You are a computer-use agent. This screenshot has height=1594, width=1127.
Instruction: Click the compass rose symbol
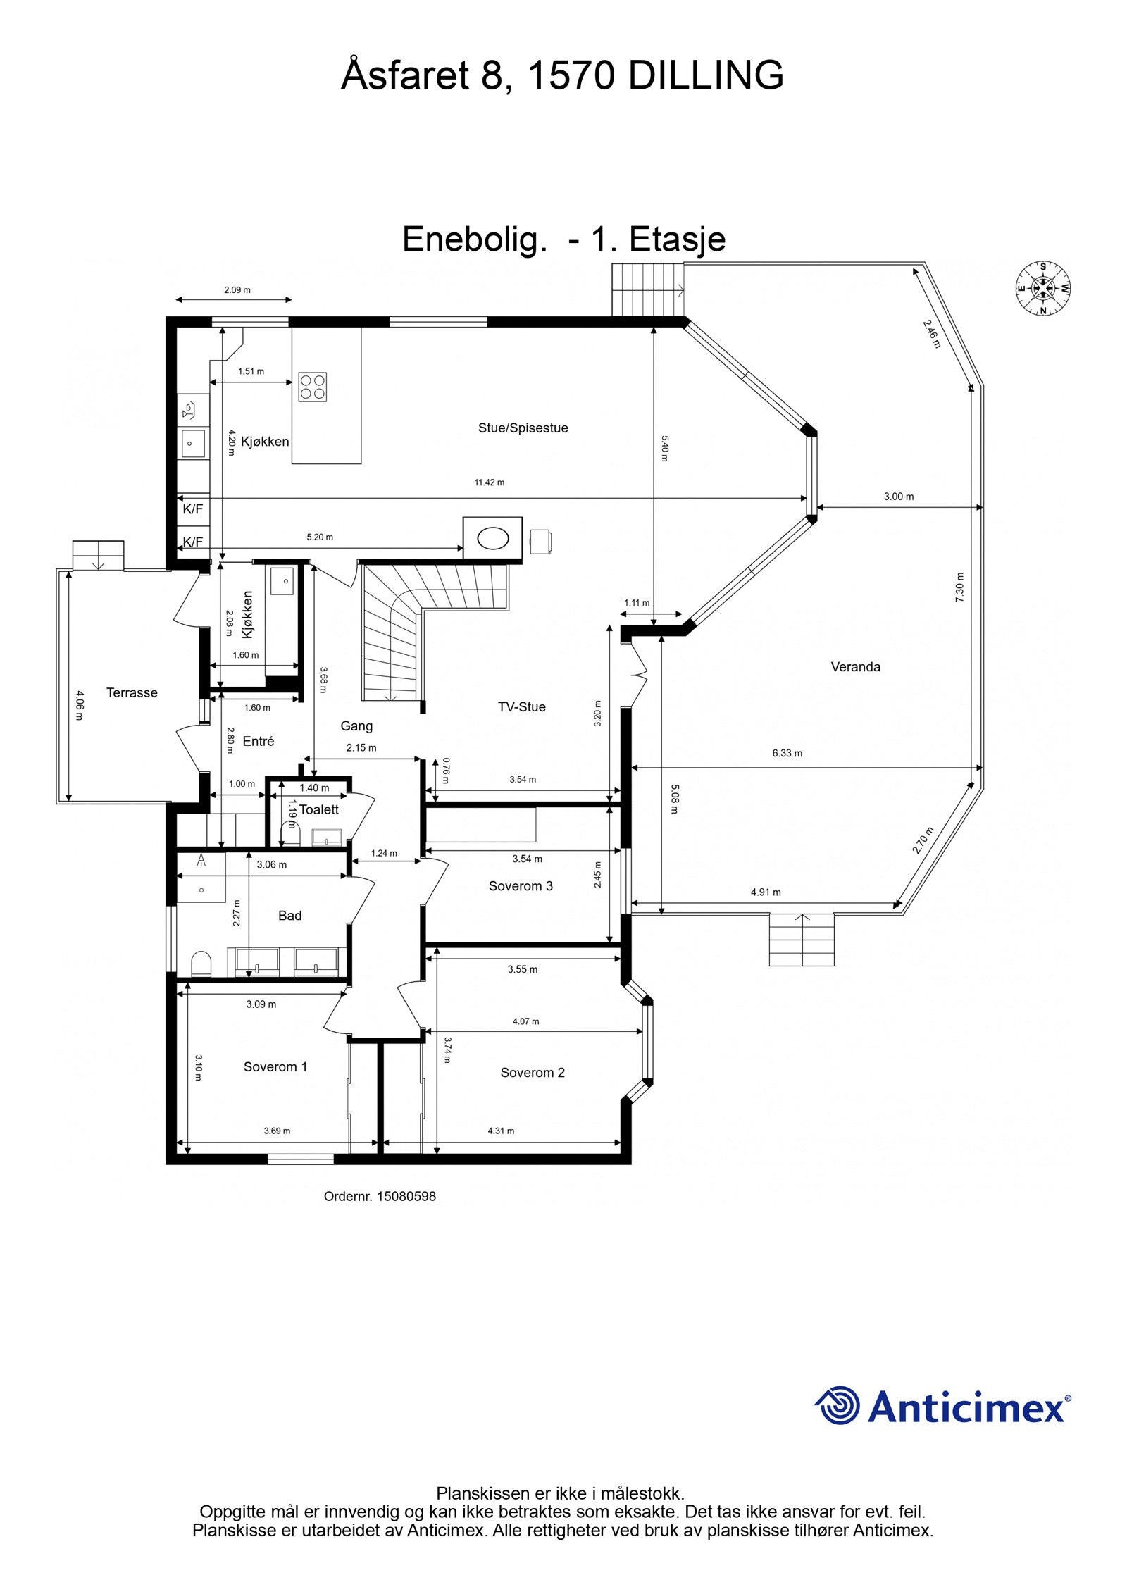pos(1042,288)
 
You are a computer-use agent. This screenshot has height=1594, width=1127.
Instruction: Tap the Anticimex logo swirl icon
pos(838,1406)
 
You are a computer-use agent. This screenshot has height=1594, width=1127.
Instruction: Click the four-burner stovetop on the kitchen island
pos(312,387)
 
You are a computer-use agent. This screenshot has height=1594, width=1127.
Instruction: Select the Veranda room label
pos(855,667)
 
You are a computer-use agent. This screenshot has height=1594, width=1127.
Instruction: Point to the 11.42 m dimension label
pos(489,482)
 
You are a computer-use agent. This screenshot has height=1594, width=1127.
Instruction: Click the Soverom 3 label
pos(521,886)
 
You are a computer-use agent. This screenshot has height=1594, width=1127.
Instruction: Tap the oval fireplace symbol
pos(493,540)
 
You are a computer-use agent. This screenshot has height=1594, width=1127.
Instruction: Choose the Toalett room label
pos(319,810)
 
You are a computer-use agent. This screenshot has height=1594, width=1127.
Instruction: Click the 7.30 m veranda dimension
pos(959,587)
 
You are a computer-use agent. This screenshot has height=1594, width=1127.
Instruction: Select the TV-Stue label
pos(522,707)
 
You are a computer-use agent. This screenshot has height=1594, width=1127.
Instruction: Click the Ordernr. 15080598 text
pos(380,1196)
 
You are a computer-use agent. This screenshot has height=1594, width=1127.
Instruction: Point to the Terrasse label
pos(132,692)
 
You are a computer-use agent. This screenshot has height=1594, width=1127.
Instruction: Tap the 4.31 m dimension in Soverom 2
pos(501,1131)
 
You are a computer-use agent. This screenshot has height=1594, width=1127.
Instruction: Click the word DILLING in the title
pos(706,75)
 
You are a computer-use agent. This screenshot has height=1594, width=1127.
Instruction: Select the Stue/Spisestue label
pos(523,428)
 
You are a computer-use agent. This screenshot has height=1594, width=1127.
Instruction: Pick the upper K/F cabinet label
pos(192,509)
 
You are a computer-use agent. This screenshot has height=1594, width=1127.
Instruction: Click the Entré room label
pos(258,741)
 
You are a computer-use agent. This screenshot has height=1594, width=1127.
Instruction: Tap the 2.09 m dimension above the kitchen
pos(237,289)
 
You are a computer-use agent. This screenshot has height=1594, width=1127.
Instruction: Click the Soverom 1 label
pos(275,1067)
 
